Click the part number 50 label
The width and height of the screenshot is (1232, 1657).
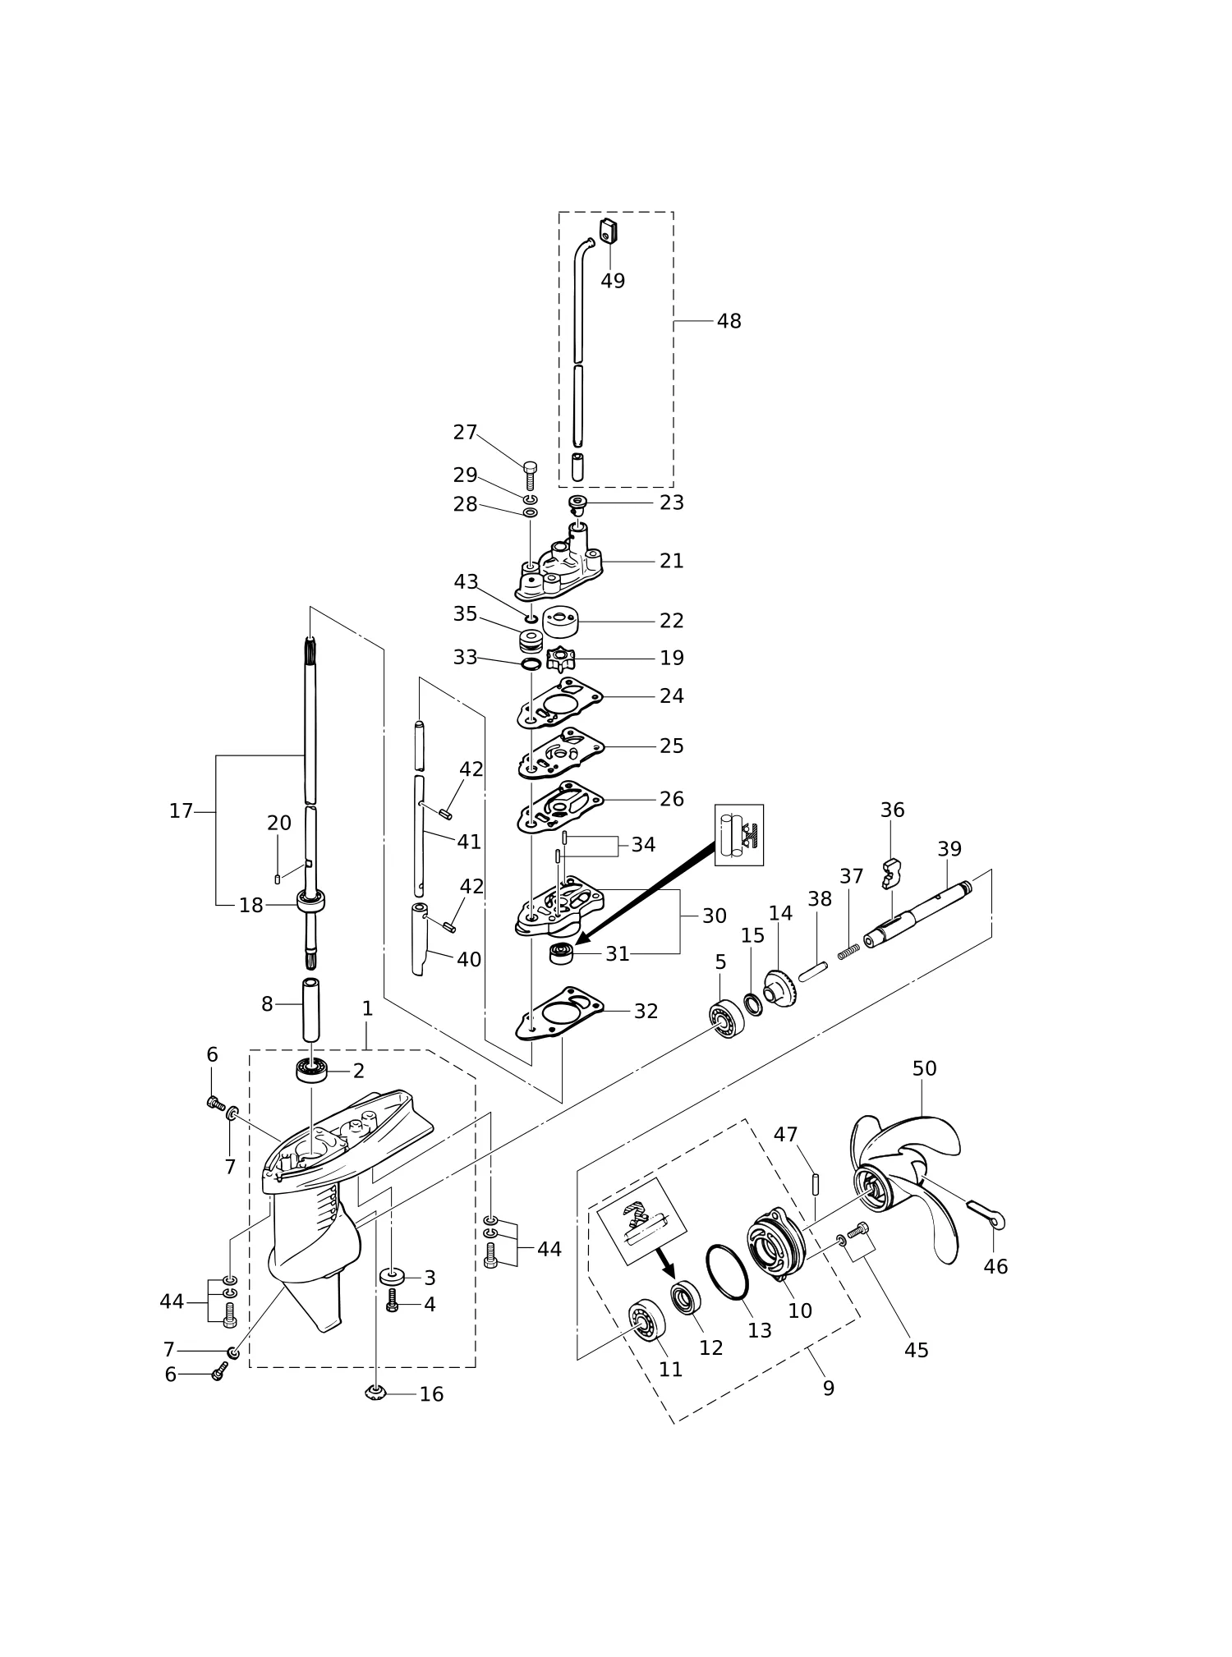pyautogui.click(x=924, y=1068)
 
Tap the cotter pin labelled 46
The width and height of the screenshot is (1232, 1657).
pyautogui.click(x=986, y=1214)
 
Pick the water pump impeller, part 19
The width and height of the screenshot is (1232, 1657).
pyautogui.click(x=561, y=659)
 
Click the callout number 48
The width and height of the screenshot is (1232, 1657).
pyautogui.click(x=729, y=321)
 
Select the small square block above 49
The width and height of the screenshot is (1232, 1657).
pyautogui.click(x=608, y=232)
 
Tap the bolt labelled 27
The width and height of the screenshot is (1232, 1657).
pyautogui.click(x=530, y=475)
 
